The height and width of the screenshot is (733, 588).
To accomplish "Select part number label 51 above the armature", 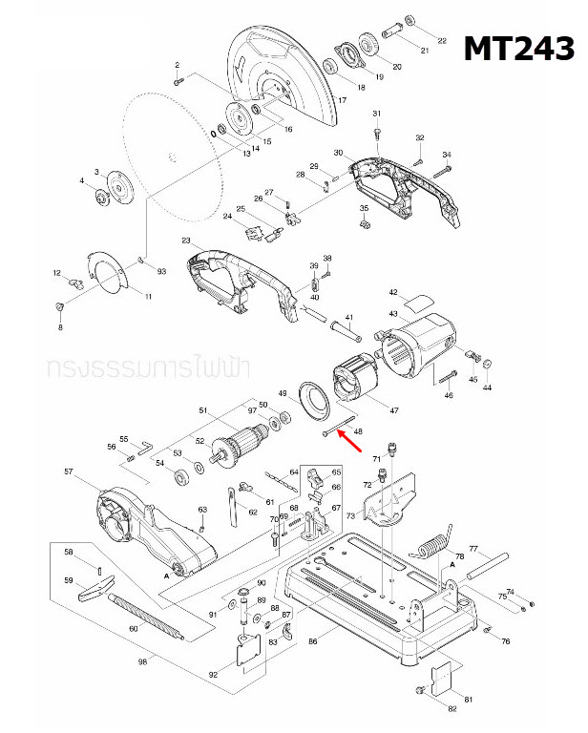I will pos(202,410).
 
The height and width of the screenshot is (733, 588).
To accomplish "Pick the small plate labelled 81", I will pos(441,681).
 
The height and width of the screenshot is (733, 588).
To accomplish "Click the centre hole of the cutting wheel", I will pos(169,157).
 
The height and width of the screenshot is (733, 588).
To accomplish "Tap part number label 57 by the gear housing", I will pos(68,471).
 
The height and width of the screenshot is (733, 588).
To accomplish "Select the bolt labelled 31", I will pos(377,133).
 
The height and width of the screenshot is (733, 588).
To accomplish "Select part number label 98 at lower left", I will pos(143,661).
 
